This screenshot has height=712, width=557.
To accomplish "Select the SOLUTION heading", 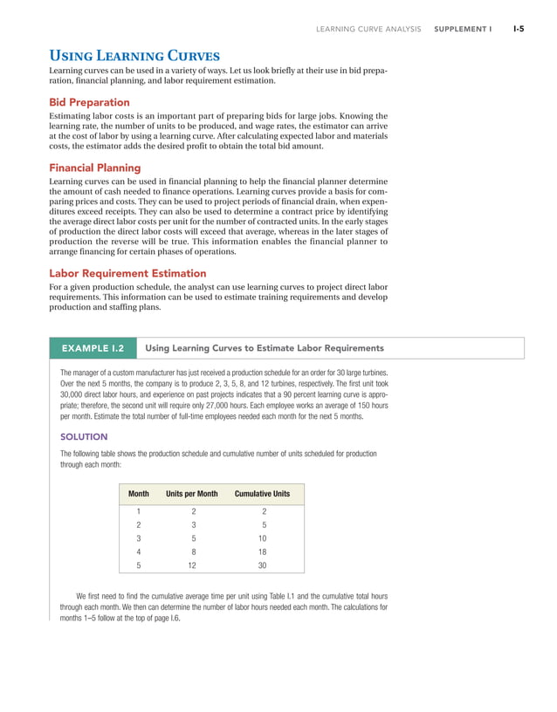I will tap(84, 436).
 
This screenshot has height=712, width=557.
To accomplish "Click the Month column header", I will tap(139, 494).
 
